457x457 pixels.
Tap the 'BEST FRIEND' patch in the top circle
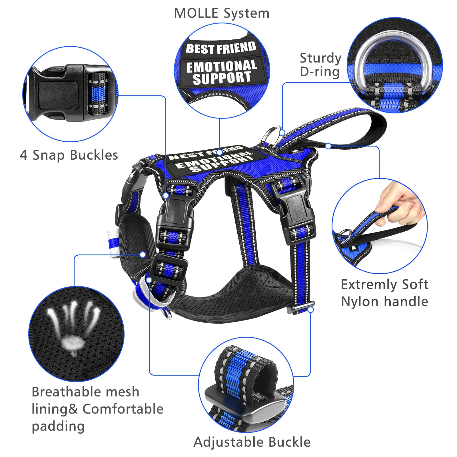point(221,48)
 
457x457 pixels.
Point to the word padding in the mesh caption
point(58,426)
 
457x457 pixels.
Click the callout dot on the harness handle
point(328,146)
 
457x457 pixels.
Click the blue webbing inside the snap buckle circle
point(98,93)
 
